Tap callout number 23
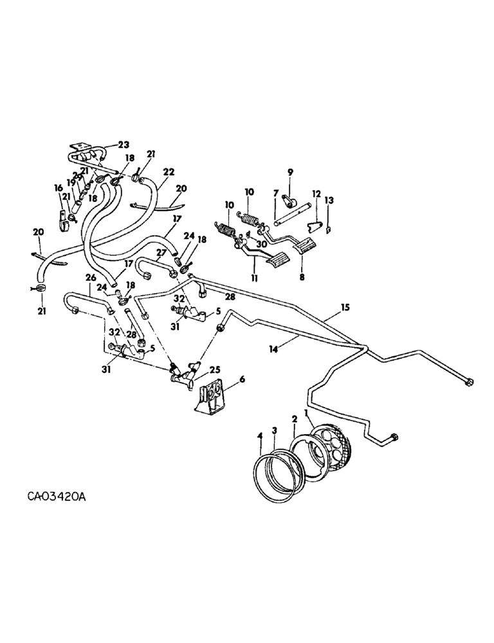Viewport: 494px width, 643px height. [x=123, y=145]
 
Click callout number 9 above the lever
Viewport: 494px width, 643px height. [x=290, y=172]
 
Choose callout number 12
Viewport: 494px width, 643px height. [x=316, y=194]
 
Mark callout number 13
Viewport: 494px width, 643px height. [x=331, y=200]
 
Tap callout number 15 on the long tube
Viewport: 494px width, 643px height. [x=345, y=307]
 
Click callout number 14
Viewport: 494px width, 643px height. [x=275, y=349]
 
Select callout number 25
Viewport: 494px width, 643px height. [x=214, y=369]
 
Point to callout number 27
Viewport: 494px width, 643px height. [x=160, y=253]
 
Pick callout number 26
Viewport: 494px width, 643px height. [x=89, y=278]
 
